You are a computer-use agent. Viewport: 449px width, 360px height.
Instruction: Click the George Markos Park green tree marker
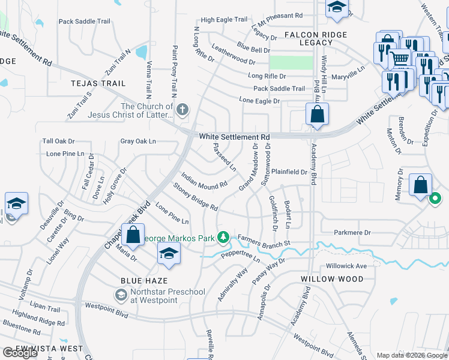pos(223,238)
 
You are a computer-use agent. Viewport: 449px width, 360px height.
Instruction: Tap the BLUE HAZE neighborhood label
pos(144,280)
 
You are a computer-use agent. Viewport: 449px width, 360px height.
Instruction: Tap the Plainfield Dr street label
pos(289,172)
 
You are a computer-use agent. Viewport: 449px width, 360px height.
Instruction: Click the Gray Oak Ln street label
pos(138,142)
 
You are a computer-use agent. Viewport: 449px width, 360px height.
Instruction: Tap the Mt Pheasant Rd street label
pos(278,15)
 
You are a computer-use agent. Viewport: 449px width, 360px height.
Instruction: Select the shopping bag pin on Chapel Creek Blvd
pos(134,234)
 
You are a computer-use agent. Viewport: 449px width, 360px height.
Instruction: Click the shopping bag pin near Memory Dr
pos(420,185)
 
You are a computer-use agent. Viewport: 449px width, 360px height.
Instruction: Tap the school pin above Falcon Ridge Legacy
pos(337,8)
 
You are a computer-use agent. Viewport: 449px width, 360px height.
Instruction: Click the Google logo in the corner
pos(19,353)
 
